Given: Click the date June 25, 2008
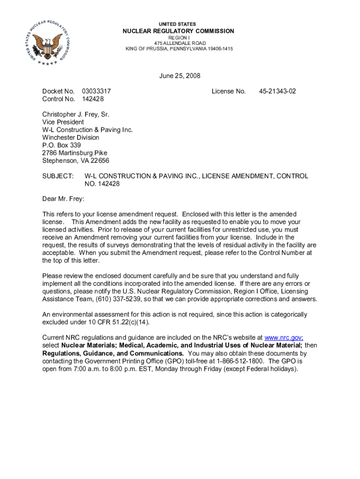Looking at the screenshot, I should [180, 76].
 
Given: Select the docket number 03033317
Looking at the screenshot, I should [96, 91].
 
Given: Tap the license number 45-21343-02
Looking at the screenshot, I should [277, 91].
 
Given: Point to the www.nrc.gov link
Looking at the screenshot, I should [284, 338].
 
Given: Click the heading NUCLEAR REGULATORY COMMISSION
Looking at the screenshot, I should [178, 31].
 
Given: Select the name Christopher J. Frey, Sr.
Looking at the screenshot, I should [75, 114].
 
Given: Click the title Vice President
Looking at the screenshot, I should [63, 122].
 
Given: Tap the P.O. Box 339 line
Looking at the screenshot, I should [62, 145].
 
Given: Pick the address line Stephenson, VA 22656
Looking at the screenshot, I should [76, 160].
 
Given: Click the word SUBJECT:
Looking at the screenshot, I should [58, 176].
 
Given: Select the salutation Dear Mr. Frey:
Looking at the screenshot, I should [63, 199].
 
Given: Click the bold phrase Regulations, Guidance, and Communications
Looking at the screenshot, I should [113, 353].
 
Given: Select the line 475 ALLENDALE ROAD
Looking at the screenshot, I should [179, 43].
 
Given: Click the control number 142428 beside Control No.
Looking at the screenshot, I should [93, 99].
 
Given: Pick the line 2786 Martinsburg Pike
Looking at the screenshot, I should [74, 153].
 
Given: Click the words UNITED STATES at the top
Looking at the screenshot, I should [178, 24].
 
